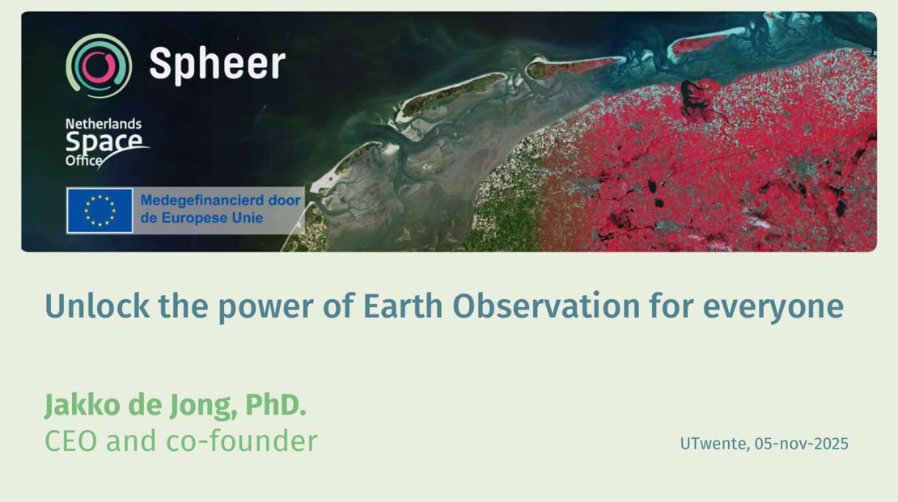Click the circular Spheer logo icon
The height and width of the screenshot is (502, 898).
pyautogui.click(x=99, y=65)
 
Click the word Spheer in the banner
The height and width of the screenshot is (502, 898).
pyautogui.click(x=217, y=64)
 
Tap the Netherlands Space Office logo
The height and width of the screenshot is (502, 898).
pyautogui.click(x=107, y=143)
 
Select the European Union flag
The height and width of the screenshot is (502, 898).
pyautogui.click(x=100, y=210)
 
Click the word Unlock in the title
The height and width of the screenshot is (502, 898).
pyautogui.click(x=97, y=306)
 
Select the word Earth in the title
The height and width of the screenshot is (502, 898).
pyautogui.click(x=403, y=306)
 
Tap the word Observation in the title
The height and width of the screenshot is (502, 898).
pyautogui.click(x=546, y=306)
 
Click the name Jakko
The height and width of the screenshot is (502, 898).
pyautogui.click(x=83, y=405)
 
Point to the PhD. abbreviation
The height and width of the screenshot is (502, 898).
pyautogui.click(x=276, y=405)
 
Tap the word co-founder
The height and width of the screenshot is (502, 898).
pyautogui.click(x=241, y=441)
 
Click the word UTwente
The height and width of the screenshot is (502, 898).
pyautogui.click(x=714, y=444)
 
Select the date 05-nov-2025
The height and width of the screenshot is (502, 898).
pyautogui.click(x=801, y=444)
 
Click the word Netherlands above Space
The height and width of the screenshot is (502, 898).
pyautogui.click(x=103, y=124)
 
